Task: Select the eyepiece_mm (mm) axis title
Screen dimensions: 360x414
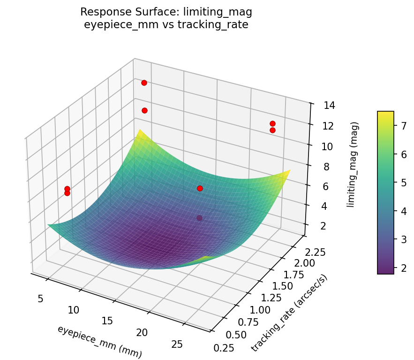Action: click(x=99, y=341)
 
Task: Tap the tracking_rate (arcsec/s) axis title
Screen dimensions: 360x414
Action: click(x=289, y=312)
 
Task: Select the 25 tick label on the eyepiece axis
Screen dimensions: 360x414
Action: click(x=177, y=345)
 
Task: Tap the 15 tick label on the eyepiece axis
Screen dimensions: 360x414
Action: click(x=108, y=321)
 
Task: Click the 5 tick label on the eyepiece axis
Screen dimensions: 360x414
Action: click(x=41, y=299)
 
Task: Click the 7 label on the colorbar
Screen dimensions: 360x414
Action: click(x=404, y=125)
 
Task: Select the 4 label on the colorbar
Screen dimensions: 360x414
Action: click(x=404, y=211)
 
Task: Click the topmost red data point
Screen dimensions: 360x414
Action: click(x=144, y=83)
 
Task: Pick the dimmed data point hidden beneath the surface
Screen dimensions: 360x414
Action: click(x=200, y=218)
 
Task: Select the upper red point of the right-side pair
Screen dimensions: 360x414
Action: click(x=272, y=123)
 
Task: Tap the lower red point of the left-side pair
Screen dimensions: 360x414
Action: click(x=67, y=193)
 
